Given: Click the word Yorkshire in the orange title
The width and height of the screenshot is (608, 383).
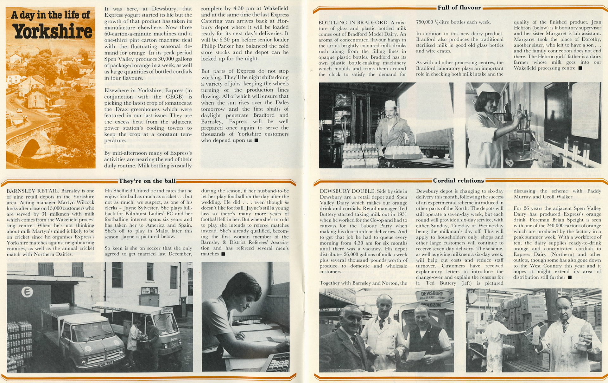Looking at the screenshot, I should (x=53, y=32).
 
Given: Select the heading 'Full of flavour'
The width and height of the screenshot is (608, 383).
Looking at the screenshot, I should (x=459, y=8).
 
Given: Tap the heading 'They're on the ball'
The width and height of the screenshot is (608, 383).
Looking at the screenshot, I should (x=147, y=181).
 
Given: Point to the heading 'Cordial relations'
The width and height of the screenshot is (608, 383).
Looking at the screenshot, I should (x=458, y=181).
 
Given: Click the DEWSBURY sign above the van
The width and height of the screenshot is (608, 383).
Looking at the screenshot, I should (x=432, y=294).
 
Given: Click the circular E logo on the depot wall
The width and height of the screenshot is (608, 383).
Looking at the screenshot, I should (x=27, y=292).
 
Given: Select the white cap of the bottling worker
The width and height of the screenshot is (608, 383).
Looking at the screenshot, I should (x=390, y=104).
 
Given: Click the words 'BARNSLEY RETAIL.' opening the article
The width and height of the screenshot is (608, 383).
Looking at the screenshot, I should (x=33, y=191).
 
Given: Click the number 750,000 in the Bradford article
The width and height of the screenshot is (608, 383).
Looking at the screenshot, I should (x=424, y=22).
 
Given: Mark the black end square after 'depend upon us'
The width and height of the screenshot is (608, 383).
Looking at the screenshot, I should (x=256, y=140).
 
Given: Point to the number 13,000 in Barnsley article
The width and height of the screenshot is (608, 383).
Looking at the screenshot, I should (x=57, y=208).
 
